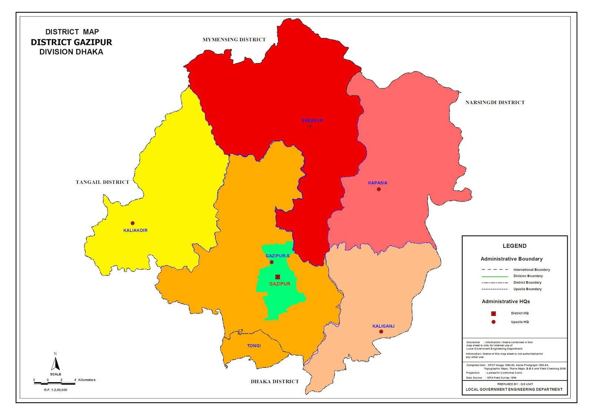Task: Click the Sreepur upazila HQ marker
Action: pyautogui.click(x=310, y=127)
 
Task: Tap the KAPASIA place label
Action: pyautogui.click(x=377, y=183)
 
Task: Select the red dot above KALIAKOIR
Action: pyautogui.click(x=132, y=223)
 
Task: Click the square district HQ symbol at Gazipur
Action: pyautogui.click(x=278, y=277)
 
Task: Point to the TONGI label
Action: pyautogui.click(x=254, y=346)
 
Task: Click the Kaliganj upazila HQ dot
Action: pyautogui.click(x=381, y=332)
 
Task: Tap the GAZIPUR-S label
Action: pyautogui.click(x=277, y=256)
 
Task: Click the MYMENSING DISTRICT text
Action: pyautogui.click(x=234, y=40)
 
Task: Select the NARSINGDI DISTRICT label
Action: pyautogui.click(x=495, y=103)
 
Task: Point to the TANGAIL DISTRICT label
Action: pyautogui.click(x=102, y=182)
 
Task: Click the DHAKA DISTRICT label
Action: pyautogui.click(x=275, y=382)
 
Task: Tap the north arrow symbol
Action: pyautogui.click(x=56, y=363)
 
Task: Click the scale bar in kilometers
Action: pyautogui.click(x=54, y=383)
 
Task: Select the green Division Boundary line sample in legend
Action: pyautogui.click(x=494, y=277)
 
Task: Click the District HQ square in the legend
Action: pyautogui.click(x=493, y=314)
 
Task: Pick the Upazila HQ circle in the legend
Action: pyautogui.click(x=493, y=322)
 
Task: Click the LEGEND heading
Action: pyautogui.click(x=514, y=246)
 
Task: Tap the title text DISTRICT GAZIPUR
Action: pyautogui.click(x=71, y=42)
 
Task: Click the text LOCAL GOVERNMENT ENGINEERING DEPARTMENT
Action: pyautogui.click(x=514, y=389)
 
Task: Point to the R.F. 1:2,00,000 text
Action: pyautogui.click(x=56, y=390)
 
